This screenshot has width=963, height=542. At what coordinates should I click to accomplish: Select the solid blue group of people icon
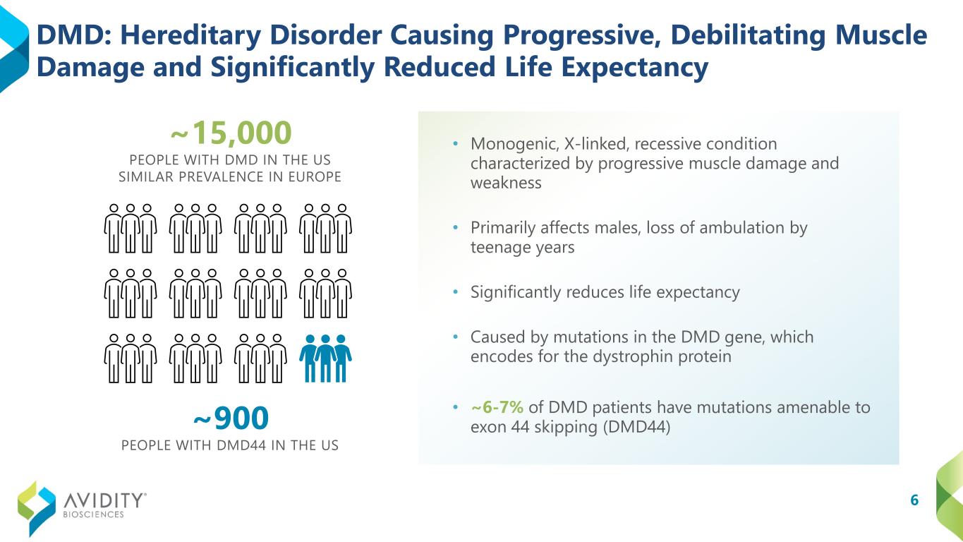325,359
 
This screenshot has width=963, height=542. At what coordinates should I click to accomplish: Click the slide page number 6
914,500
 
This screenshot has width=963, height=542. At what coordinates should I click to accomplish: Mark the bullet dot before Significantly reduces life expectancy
456,292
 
